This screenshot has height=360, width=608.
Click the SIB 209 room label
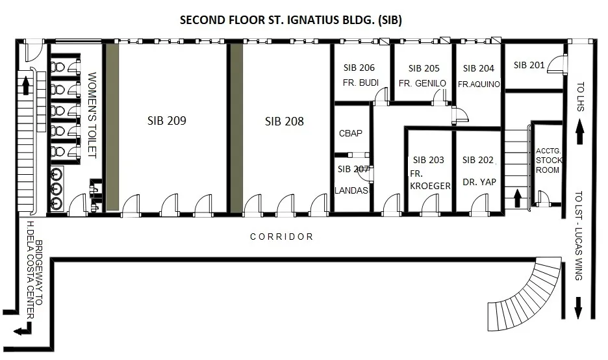click(x=167, y=121)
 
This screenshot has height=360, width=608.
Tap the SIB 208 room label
click(x=285, y=122)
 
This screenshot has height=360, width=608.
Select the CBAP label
click(x=351, y=133)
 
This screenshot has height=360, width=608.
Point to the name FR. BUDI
click(x=361, y=83)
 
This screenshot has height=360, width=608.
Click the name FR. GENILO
click(x=422, y=83)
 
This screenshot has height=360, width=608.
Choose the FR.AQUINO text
click(x=479, y=84)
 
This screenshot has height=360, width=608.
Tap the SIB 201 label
click(x=529, y=65)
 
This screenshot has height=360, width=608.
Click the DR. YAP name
click(x=479, y=182)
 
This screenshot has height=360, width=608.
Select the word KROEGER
click(x=430, y=186)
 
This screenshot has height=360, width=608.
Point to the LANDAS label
click(x=351, y=190)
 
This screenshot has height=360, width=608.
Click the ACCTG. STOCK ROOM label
click(x=549, y=161)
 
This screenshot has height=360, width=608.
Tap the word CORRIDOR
click(x=281, y=237)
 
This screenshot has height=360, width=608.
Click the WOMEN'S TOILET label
click(x=92, y=115)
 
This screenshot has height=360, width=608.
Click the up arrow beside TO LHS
click(x=579, y=132)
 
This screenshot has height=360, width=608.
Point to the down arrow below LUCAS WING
click(x=578, y=308)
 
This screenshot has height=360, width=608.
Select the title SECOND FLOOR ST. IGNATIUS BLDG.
click(x=291, y=19)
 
